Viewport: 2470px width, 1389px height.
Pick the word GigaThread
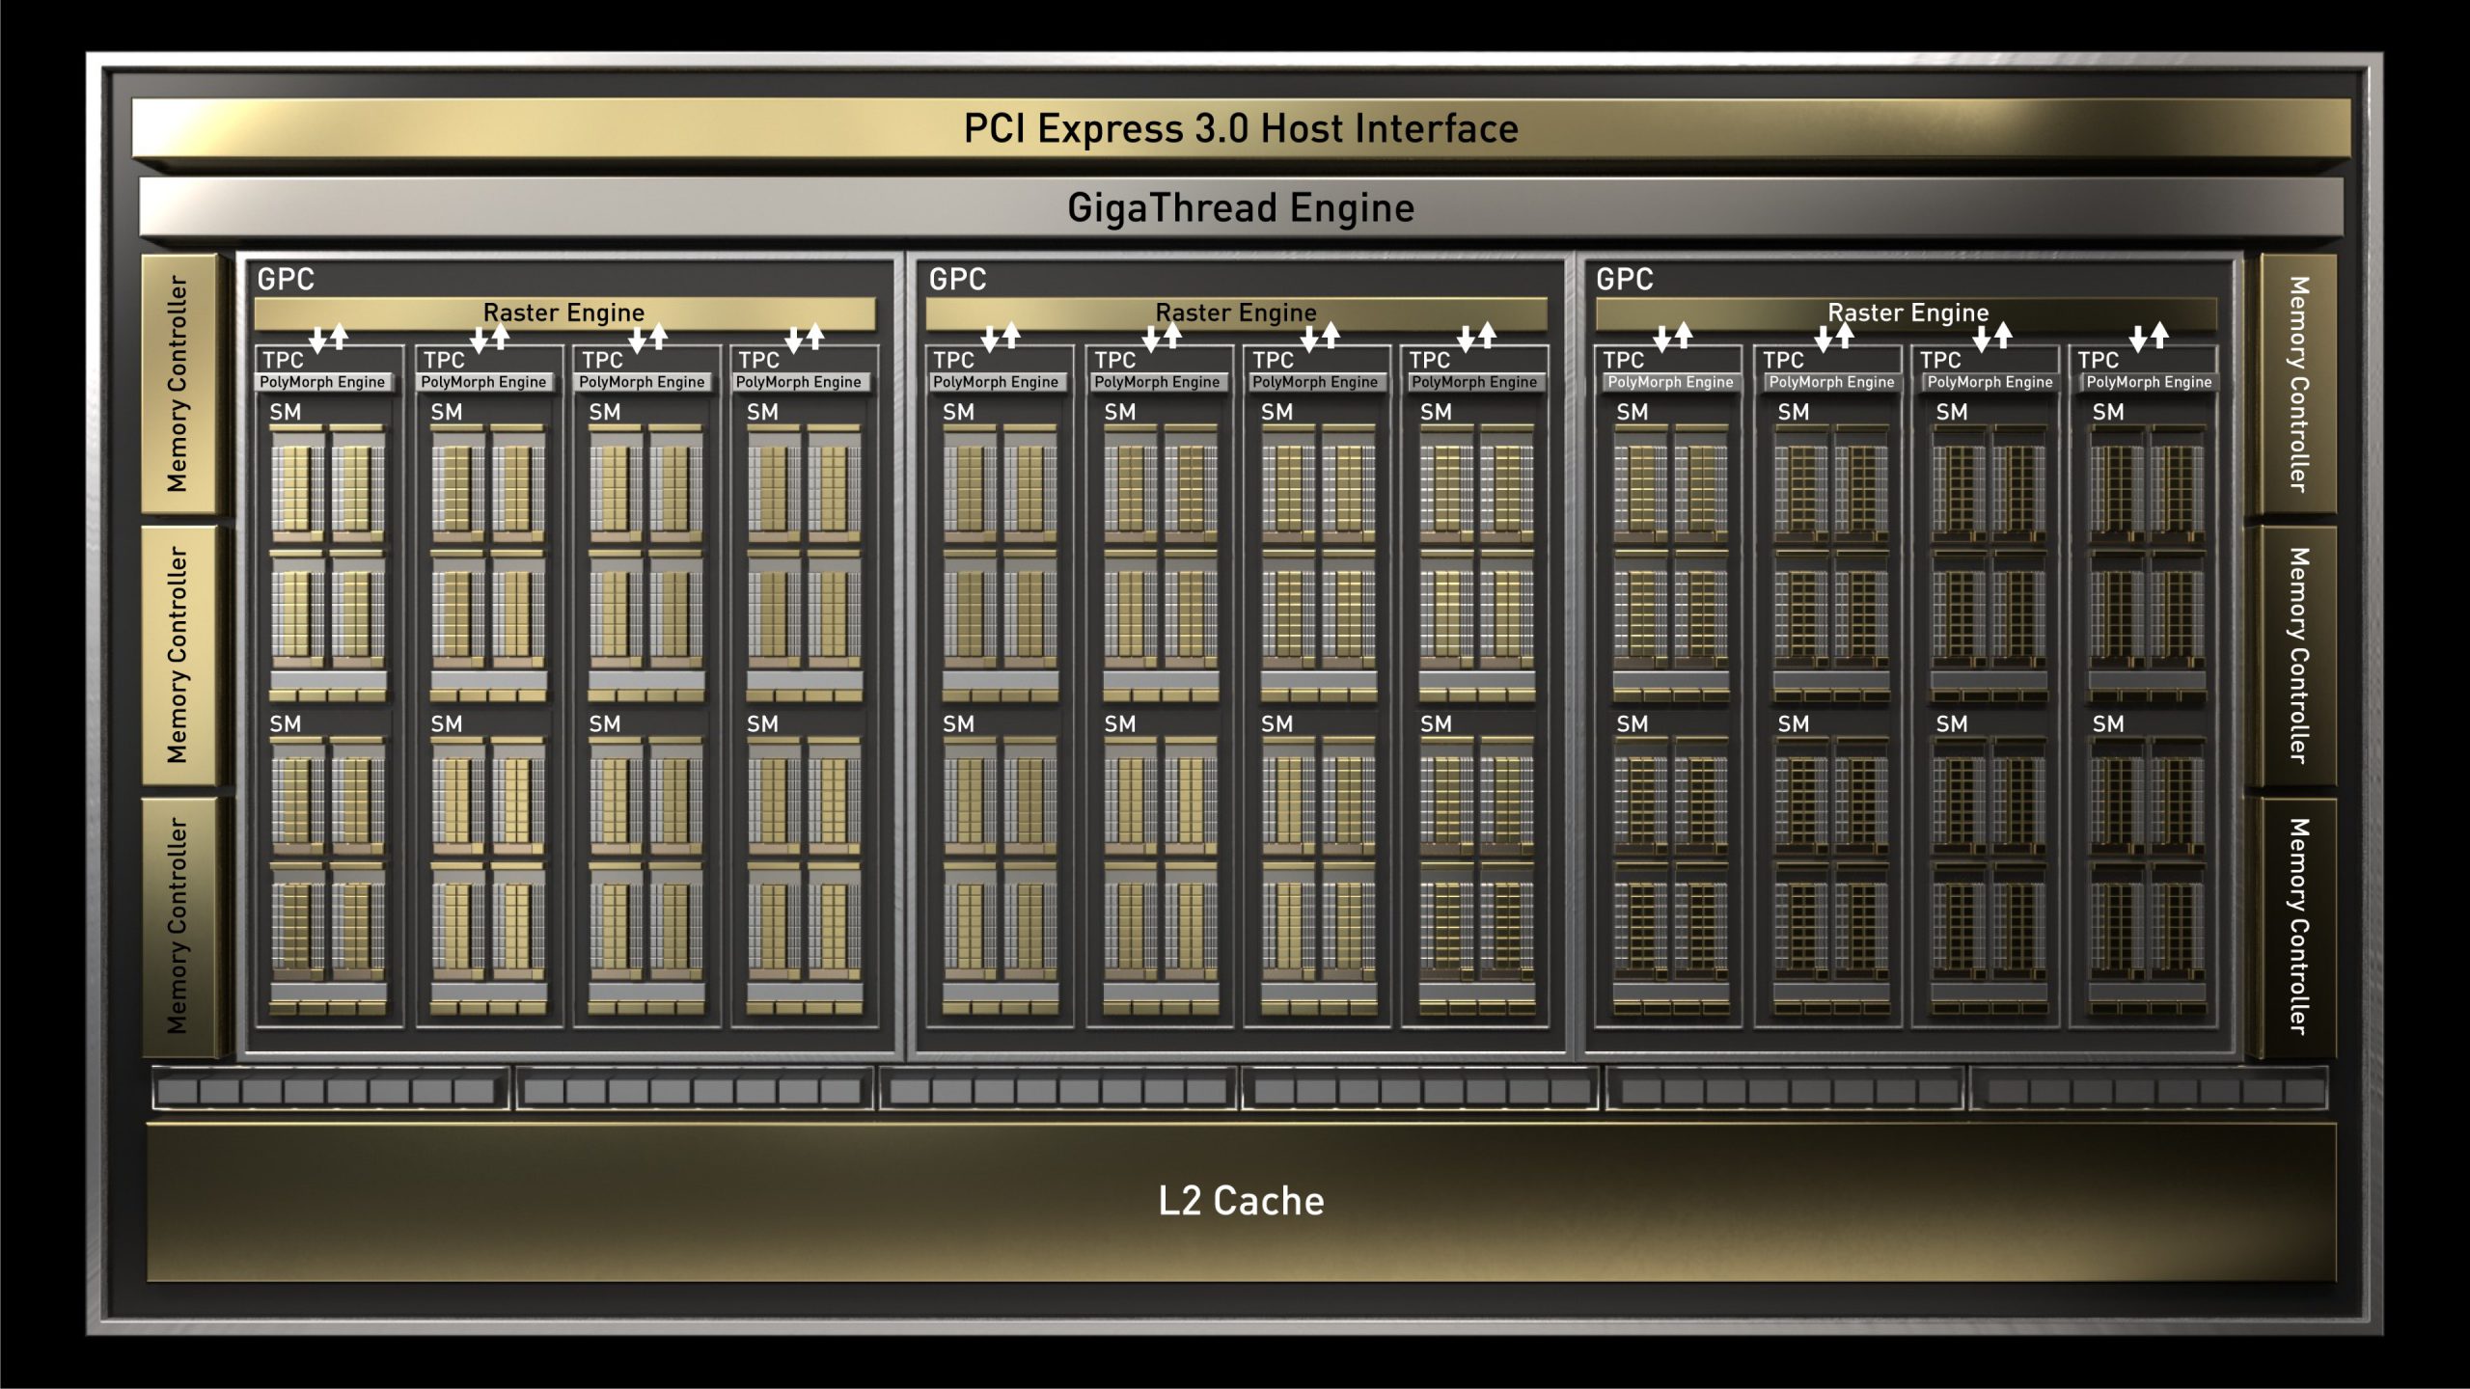coord(1172,208)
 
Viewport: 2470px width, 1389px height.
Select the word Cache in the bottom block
coord(1268,1201)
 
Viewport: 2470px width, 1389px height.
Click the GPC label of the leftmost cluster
coord(286,280)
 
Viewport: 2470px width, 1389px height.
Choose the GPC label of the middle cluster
coord(957,280)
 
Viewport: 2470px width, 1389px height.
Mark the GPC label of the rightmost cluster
coord(1625,280)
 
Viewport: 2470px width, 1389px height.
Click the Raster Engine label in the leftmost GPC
coord(563,313)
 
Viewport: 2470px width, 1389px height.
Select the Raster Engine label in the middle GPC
coord(1236,313)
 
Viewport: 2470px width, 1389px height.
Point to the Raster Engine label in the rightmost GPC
coord(1907,313)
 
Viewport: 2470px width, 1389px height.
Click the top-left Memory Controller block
coord(178,384)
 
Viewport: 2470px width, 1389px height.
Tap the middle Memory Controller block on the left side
coord(178,655)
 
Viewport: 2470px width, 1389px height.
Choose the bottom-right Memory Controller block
coord(2298,927)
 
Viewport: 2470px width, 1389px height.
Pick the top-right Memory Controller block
coord(2298,384)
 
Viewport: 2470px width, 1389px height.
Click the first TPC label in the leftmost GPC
coord(283,360)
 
